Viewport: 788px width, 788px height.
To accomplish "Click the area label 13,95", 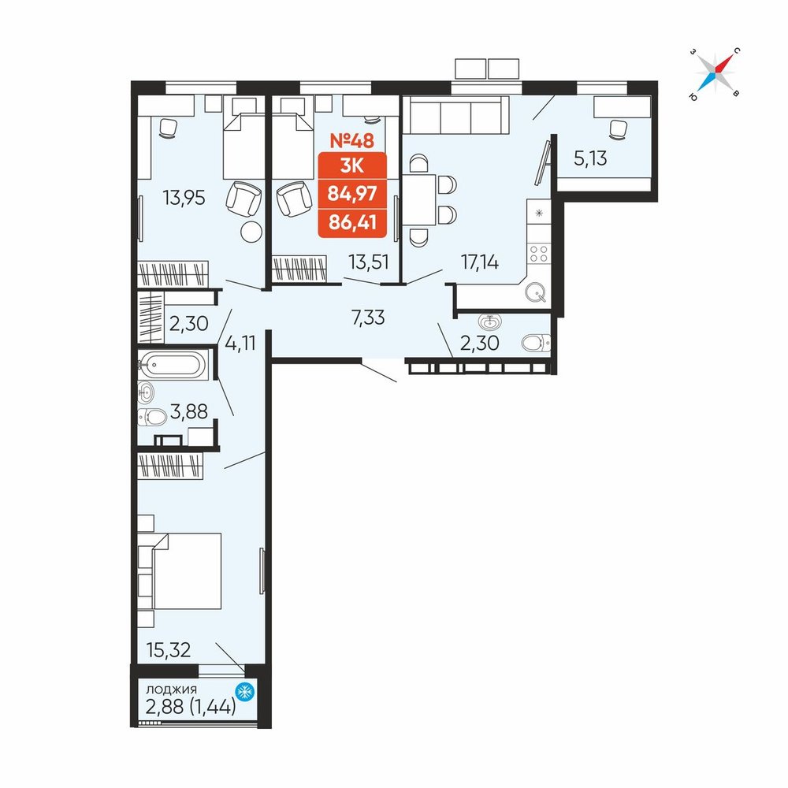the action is (184, 198).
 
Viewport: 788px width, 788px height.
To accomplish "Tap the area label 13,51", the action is (369, 262).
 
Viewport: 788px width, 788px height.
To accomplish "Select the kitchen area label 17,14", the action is (480, 262).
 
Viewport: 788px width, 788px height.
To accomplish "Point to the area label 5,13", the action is (590, 158).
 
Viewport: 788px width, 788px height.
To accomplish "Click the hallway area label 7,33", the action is (368, 318).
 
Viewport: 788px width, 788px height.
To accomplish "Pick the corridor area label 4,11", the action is (240, 343).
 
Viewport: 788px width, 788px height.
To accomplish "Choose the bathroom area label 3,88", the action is (189, 411).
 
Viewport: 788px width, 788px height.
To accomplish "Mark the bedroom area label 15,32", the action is (169, 650).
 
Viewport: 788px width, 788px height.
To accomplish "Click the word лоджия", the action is (171, 689).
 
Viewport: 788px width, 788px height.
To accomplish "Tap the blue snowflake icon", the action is (245, 692).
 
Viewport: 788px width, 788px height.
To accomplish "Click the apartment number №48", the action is (351, 141).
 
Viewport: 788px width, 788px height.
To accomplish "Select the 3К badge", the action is (351, 165).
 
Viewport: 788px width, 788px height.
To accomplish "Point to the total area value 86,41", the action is (352, 221).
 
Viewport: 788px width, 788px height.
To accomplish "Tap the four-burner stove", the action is (539, 253).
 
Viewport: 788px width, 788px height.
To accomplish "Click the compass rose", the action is (716, 73).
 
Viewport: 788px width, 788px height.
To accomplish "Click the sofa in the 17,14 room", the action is (455, 115).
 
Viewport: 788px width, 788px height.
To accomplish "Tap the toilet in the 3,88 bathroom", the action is (152, 417).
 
